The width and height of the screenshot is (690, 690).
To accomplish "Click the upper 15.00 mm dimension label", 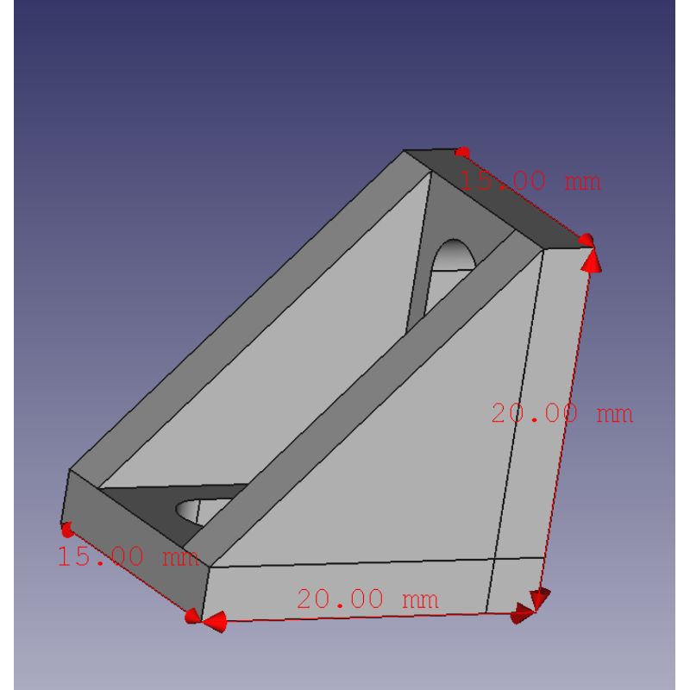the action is coord(530,181).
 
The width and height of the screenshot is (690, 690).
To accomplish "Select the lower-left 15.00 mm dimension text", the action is coord(128,555).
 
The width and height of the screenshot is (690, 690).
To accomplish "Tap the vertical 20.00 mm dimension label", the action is coord(562,414).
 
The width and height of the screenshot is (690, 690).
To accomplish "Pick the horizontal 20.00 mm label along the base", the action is coord(367,599).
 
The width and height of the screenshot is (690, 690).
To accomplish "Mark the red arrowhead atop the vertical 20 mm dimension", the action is coord(592,260).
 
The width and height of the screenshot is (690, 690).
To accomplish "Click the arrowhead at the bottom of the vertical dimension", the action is coord(541,599).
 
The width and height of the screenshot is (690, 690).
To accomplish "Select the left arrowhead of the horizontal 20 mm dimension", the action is coord(214,621).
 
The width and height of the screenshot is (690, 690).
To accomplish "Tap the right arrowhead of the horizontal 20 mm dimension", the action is coord(523,613).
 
